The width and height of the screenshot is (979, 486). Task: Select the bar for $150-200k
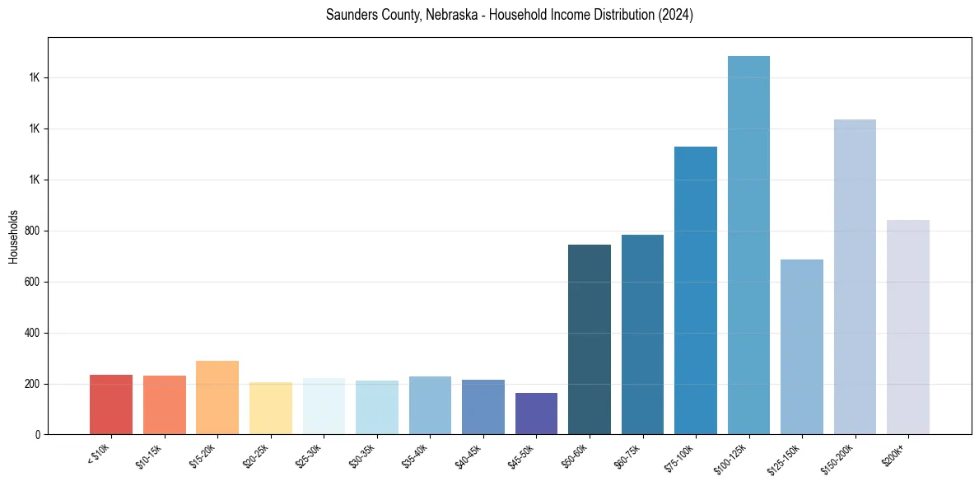pos(855,277)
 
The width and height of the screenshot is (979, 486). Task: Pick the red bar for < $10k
pos(111,404)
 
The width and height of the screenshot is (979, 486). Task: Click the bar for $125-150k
pos(802,347)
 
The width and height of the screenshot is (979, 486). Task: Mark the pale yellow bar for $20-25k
pos(271,409)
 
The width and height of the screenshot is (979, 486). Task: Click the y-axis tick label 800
pos(33,231)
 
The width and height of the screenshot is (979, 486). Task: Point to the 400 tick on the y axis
pos(33,334)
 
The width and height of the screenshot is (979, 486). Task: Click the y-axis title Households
pos(13,236)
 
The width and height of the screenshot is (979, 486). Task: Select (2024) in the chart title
pos(675,16)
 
